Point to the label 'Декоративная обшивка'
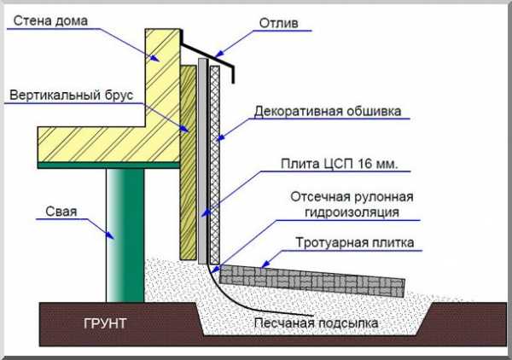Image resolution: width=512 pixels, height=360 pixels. click(x=327, y=111)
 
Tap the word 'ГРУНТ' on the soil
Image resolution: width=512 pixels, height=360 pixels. click(x=106, y=325)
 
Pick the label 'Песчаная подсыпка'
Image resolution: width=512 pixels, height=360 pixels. click(x=315, y=323)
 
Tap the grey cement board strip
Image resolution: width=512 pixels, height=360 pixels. click(x=202, y=162)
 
